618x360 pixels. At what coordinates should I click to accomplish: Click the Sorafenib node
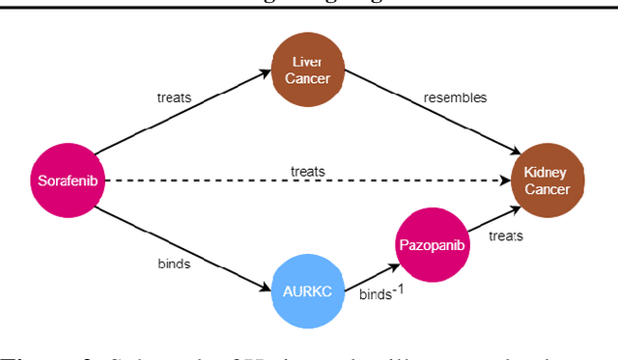coord(66,180)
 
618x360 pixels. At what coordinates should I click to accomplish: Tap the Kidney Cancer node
coord(547,180)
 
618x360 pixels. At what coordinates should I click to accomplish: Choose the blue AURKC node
coord(307,291)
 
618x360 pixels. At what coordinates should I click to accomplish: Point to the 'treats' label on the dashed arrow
coord(308,171)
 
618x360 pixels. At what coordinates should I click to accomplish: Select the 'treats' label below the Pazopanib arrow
coord(506,235)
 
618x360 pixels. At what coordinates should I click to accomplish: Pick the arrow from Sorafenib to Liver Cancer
coord(183,119)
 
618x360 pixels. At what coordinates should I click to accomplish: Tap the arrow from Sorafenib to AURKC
coord(183,239)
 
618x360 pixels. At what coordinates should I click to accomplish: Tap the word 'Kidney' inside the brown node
coord(547,172)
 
